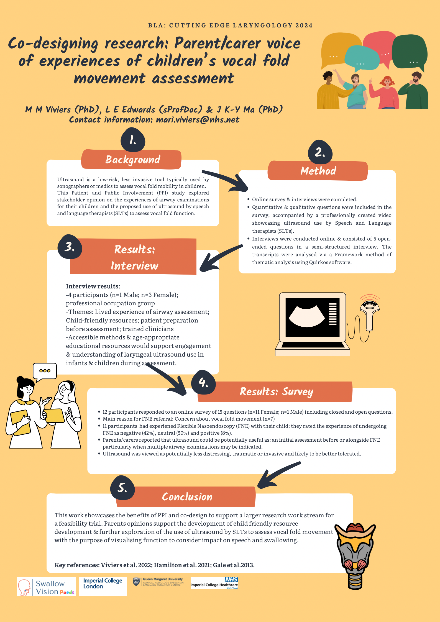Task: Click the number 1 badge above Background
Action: point(133,140)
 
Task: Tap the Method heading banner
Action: point(318,171)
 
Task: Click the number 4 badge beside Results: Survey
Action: point(203,382)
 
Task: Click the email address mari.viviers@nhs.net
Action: point(198,120)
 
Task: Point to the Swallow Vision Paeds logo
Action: point(46,587)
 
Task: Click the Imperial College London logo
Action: point(103,586)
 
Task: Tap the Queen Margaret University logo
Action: point(159,582)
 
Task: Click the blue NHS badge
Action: point(231,579)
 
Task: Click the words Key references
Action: point(76,565)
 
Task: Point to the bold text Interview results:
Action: point(93,286)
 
